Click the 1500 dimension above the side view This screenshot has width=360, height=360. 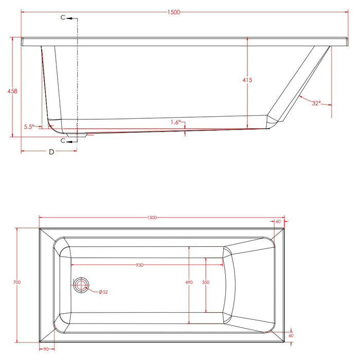point(174,12)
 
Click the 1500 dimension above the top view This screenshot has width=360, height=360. point(152,218)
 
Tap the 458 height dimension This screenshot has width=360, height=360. point(12,91)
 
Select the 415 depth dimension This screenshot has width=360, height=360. point(247,80)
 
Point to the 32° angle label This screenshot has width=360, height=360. point(316,103)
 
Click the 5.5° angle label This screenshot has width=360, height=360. point(29,127)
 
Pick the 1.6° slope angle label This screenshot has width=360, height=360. point(176,122)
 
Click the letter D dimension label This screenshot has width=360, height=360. point(51,152)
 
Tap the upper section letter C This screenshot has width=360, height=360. point(63,17)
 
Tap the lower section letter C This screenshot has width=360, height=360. point(63,140)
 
